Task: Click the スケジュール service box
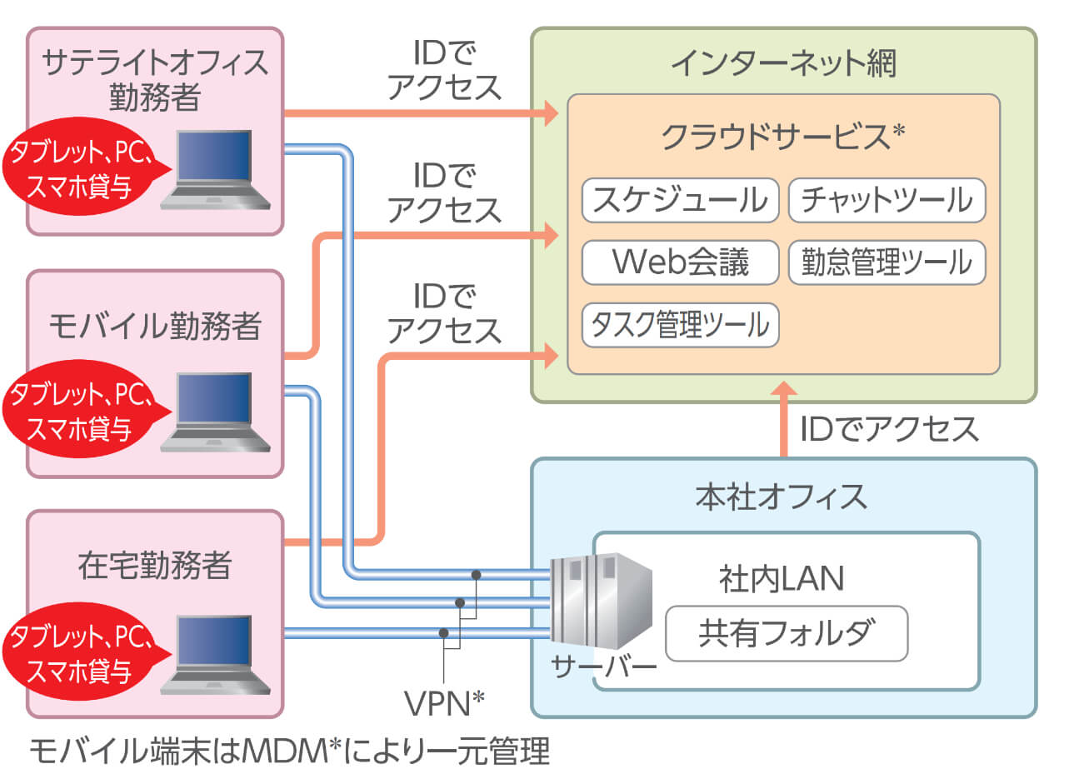pyautogui.click(x=680, y=200)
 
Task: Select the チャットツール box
pyautogui.click(x=887, y=200)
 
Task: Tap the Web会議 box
pyautogui.click(x=680, y=262)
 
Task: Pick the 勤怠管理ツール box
pyautogui.click(x=887, y=262)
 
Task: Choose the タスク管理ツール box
pyautogui.click(x=680, y=325)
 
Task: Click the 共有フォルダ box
pyautogui.click(x=786, y=633)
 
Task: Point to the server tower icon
pyautogui.click(x=600, y=600)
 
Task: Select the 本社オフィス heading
pyautogui.click(x=781, y=497)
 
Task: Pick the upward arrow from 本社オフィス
pyautogui.click(x=784, y=421)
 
